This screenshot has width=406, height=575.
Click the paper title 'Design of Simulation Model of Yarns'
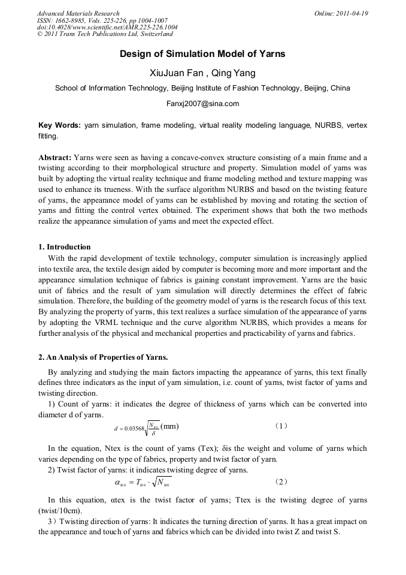pos(202,54)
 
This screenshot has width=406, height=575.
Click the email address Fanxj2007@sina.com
pos(202,103)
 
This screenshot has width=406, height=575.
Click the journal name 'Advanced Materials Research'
pos(78,13)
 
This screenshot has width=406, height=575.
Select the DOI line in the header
pos(107,28)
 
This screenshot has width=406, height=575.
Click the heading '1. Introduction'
pos(65,247)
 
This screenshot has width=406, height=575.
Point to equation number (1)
pos(281,426)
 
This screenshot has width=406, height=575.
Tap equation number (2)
pos(281,481)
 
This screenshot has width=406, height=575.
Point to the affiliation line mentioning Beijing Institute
pos(202,88)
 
